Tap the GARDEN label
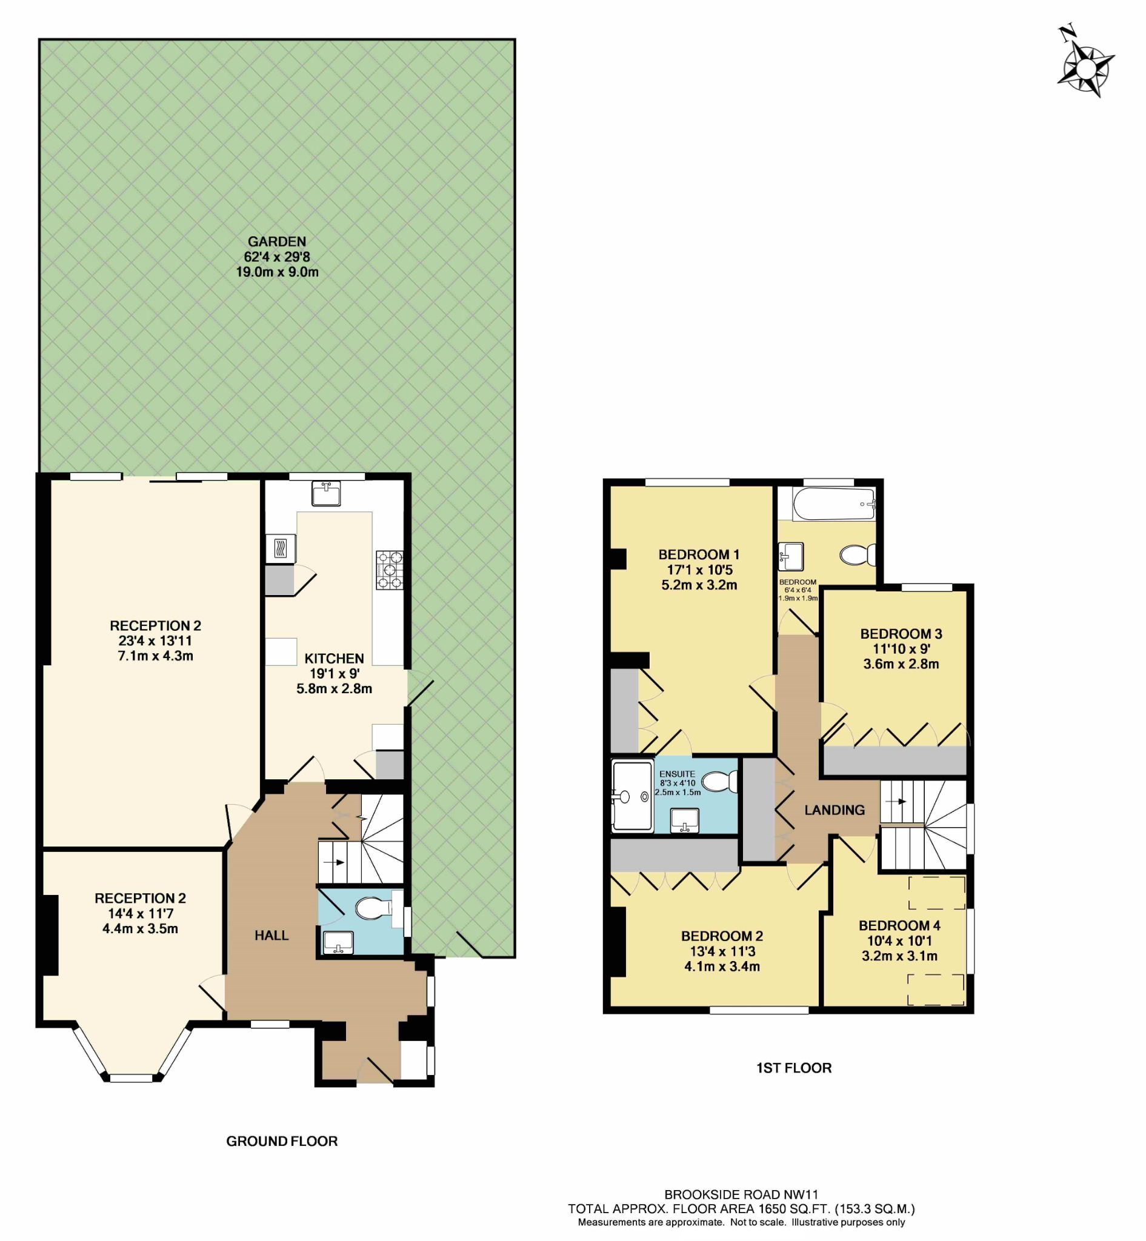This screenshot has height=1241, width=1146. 276,242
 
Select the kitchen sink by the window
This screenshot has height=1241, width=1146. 325,494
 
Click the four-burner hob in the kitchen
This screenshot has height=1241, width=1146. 390,570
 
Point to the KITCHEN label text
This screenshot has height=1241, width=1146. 334,659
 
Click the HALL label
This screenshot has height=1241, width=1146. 272,935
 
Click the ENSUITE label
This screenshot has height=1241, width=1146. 677,774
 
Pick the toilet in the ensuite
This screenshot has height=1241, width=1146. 721,782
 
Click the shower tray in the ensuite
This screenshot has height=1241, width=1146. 632,796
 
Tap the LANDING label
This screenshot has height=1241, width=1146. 834,810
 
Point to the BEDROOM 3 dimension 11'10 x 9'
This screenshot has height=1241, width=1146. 901,649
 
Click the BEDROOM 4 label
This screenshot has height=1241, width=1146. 899,925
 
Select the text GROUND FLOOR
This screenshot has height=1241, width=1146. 282,1141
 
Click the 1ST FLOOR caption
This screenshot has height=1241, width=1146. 794,1068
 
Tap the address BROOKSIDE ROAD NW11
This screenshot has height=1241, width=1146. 741,1194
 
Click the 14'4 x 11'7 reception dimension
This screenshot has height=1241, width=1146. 140,914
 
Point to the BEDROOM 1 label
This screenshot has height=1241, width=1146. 699,554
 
